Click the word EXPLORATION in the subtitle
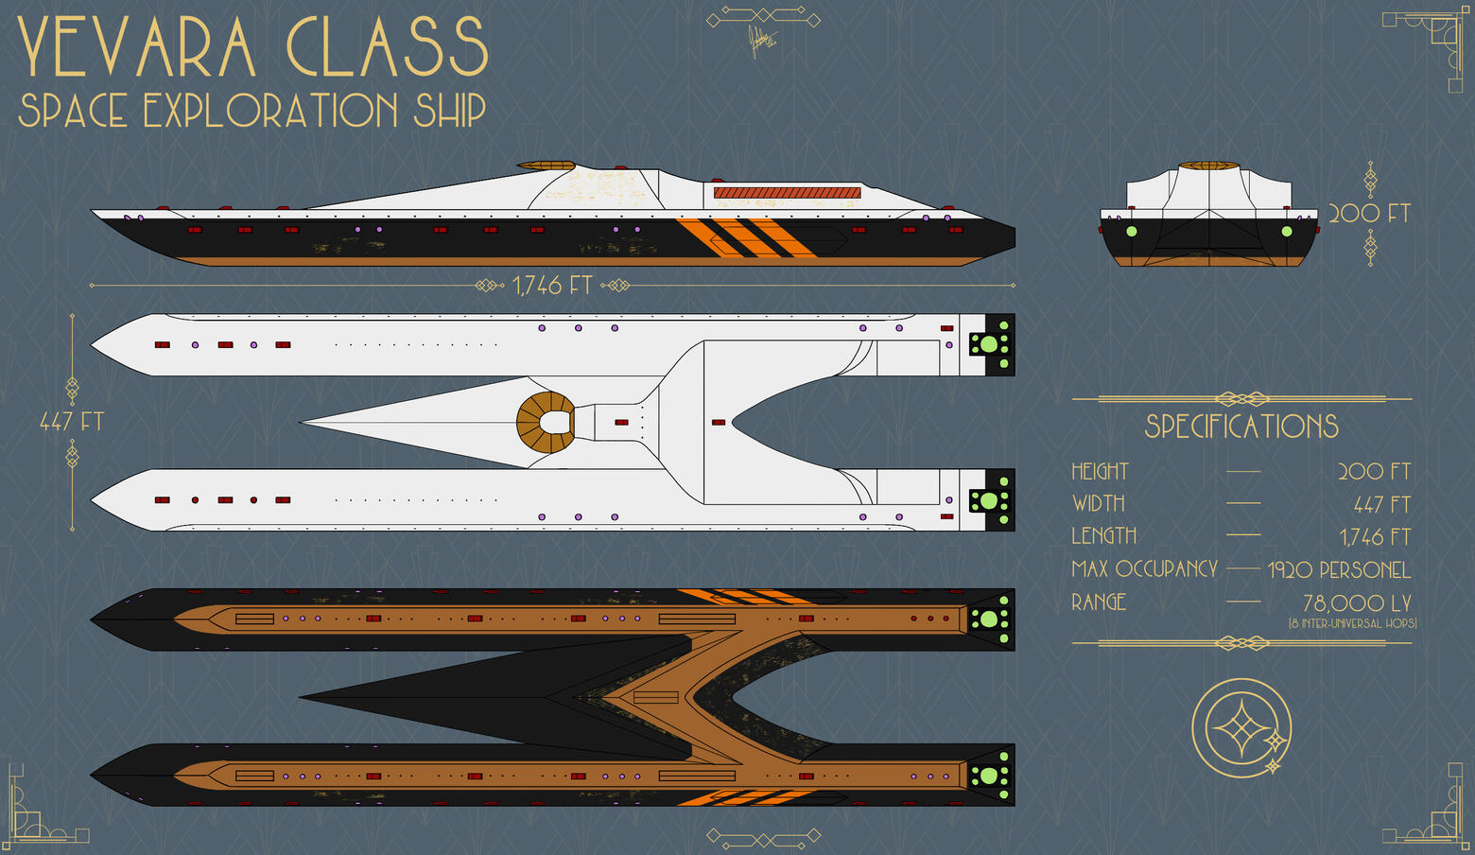(x=269, y=111)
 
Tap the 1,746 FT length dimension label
(x=551, y=286)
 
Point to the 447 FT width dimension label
(x=71, y=422)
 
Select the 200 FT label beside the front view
(x=1369, y=214)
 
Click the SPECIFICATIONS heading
(x=1241, y=427)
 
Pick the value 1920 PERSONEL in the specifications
(x=1339, y=570)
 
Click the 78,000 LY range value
(x=1357, y=603)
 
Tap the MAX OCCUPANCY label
(x=1144, y=569)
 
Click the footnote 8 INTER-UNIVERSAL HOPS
(x=1352, y=623)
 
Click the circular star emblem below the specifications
(x=1241, y=729)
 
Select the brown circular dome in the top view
(x=546, y=422)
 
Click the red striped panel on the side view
(x=787, y=193)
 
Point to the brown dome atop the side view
(x=546, y=166)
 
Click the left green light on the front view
(x=1131, y=231)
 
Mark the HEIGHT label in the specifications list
(x=1100, y=471)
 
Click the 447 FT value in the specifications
(x=1381, y=505)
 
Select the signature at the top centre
(x=760, y=42)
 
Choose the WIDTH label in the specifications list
(x=1099, y=504)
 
